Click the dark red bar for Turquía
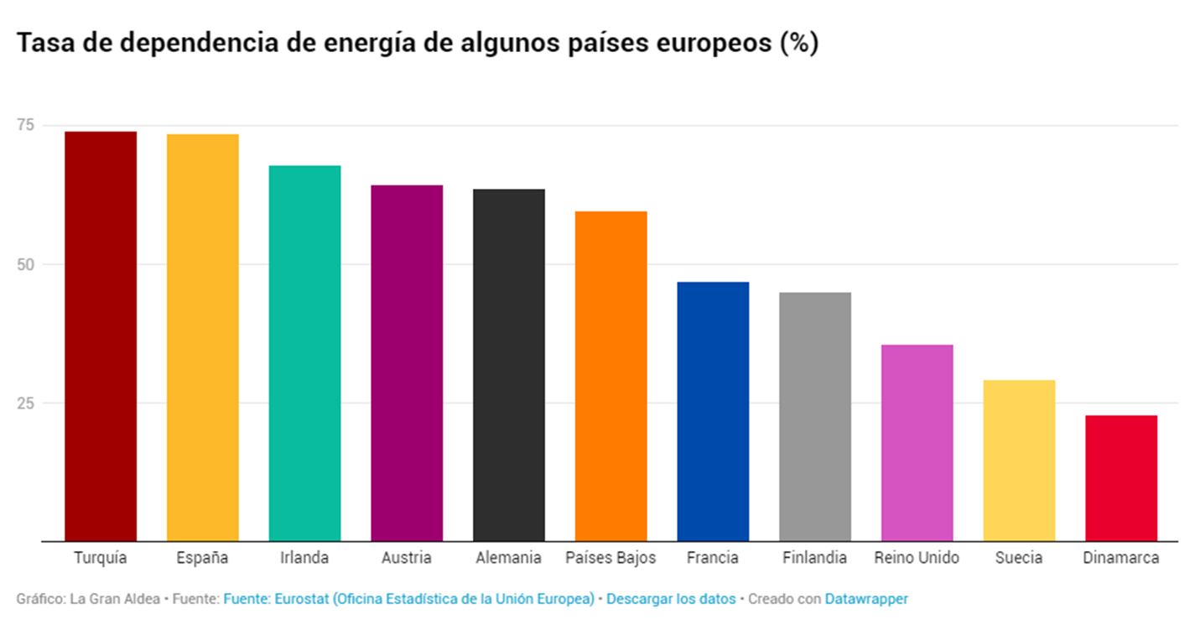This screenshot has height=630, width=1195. [101, 336]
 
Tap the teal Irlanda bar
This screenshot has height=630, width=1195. [304, 353]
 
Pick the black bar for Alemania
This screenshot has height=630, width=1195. [509, 365]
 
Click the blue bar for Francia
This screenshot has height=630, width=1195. [713, 411]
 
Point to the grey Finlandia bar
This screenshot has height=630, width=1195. [815, 416]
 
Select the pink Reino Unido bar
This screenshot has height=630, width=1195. [917, 443]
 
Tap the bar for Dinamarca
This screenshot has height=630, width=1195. [1121, 478]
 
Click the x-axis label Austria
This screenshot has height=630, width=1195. [406, 558]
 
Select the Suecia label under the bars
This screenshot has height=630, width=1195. [1019, 558]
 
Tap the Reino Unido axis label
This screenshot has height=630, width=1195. [917, 558]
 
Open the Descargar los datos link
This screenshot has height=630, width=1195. [670, 599]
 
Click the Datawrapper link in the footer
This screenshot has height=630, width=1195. [866, 599]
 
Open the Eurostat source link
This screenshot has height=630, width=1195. [408, 599]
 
